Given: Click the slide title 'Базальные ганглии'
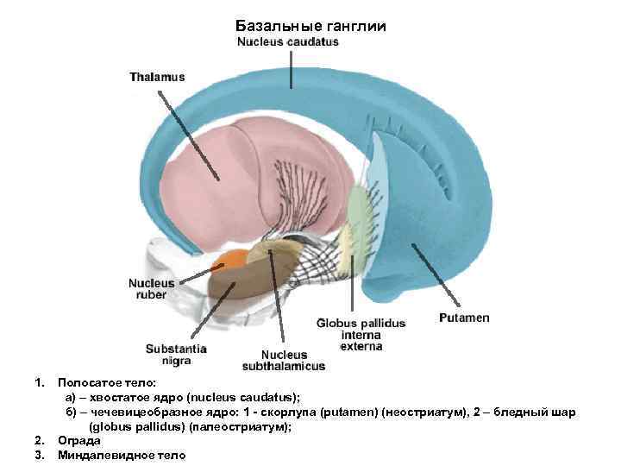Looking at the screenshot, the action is (310, 27).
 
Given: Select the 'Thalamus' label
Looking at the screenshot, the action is (157, 77).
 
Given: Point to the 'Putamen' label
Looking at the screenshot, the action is (464, 318).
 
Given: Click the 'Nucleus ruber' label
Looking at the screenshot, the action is (151, 288).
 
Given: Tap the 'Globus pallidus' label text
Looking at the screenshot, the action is (361, 323).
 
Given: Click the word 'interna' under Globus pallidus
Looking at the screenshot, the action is (361, 335).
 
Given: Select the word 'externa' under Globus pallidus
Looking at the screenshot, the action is (361, 347).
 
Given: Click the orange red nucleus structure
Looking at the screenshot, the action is (235, 257).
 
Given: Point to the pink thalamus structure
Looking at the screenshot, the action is (259, 173).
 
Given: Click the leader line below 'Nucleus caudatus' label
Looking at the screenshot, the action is (292, 67).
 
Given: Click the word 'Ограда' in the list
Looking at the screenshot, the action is (78, 440).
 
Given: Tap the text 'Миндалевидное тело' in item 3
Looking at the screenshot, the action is (121, 455).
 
